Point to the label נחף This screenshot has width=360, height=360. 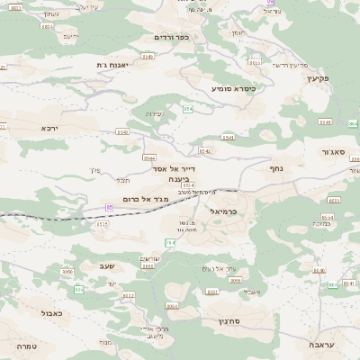[276, 167]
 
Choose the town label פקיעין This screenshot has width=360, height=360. [319, 78]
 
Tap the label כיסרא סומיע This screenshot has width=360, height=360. [234, 88]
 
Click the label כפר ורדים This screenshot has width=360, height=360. [173, 37]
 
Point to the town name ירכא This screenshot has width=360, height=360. [49, 128]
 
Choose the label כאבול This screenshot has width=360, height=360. [51, 313]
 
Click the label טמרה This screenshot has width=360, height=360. [27, 346]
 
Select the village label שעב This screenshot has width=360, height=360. [102, 266]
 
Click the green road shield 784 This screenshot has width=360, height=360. [169, 242]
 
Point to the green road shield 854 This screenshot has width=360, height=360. [188, 109]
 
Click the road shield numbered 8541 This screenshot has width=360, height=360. [229, 138]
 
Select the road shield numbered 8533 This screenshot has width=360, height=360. [255, 63]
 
